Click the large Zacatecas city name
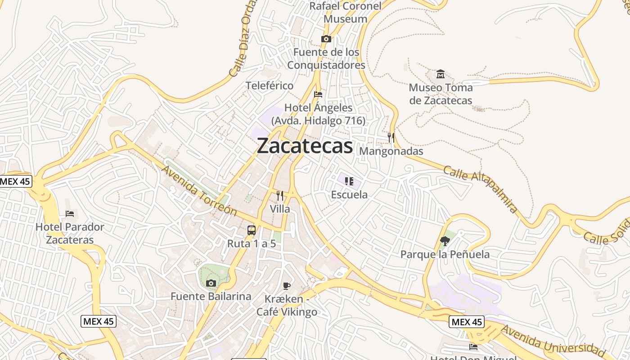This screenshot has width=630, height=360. point(305,146)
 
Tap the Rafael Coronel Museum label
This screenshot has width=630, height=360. point(345,13)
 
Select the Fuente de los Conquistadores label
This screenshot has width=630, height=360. point(326,58)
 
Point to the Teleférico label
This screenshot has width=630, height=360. point(269,85)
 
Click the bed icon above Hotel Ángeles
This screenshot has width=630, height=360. point(318,94)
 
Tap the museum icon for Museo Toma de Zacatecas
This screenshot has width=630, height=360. point(441,74)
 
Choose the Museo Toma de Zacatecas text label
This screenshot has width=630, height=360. point(441,94)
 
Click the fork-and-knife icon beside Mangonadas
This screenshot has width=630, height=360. point(391,138)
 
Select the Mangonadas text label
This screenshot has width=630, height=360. point(391,151)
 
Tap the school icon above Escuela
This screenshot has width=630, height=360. point(349,181)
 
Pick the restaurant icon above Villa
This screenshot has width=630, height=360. point(280,196)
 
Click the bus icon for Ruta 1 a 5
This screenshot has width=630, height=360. point(252,230)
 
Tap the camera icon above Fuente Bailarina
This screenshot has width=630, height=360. point(211,283)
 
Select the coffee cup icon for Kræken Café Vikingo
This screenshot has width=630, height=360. point(287,285)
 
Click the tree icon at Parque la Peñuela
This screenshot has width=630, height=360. point(445,241)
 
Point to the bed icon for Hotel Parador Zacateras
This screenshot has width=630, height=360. point(70,213)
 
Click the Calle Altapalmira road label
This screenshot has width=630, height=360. point(481,189)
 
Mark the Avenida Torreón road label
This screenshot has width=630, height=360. point(198,190)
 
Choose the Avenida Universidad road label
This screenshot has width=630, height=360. point(553,341)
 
